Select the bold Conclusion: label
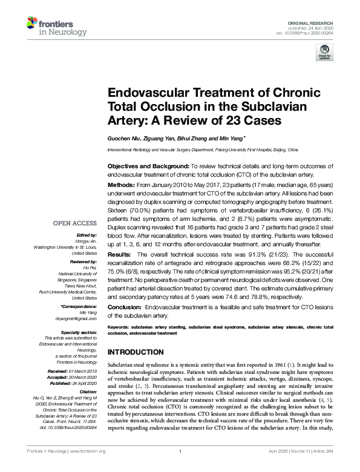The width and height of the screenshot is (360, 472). coord(126,306)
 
